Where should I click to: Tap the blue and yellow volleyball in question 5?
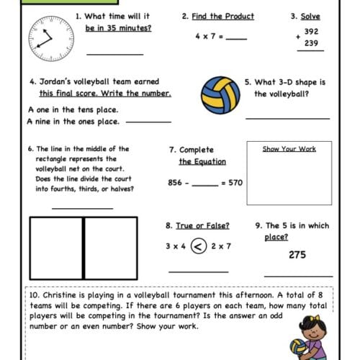[220, 94]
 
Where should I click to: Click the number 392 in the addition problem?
[311, 32]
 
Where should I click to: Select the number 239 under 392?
[311, 43]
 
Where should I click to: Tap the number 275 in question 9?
[297, 254]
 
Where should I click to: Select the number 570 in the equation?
[233, 183]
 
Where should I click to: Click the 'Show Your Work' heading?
[289, 149]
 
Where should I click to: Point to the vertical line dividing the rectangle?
[84, 248]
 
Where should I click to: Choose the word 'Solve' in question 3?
[311, 16]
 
